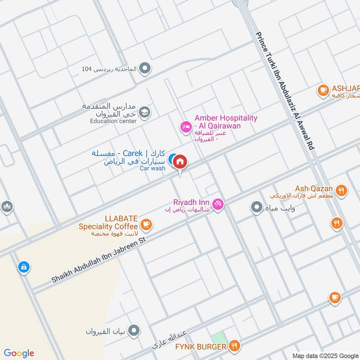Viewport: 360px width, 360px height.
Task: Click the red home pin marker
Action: click(180, 161)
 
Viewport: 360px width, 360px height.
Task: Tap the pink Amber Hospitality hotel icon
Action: click(185, 127)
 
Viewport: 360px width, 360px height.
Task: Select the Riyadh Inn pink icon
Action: click(218, 204)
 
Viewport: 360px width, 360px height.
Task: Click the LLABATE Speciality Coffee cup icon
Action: click(146, 224)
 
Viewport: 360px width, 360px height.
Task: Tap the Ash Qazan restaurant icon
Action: click(341, 191)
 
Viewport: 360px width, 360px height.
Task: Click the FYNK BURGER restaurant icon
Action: click(234, 346)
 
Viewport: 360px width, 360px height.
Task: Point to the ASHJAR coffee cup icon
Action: click(323, 90)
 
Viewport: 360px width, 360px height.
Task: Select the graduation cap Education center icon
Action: click(144, 112)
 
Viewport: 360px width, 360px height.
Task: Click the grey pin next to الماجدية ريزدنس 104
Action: click(144, 69)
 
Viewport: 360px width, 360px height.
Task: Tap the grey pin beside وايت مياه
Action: click(256, 207)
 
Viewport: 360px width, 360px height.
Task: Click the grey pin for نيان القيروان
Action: click(133, 332)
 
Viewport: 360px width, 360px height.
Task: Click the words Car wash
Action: click(153, 168)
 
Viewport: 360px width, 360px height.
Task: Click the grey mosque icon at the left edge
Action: click(7, 207)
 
